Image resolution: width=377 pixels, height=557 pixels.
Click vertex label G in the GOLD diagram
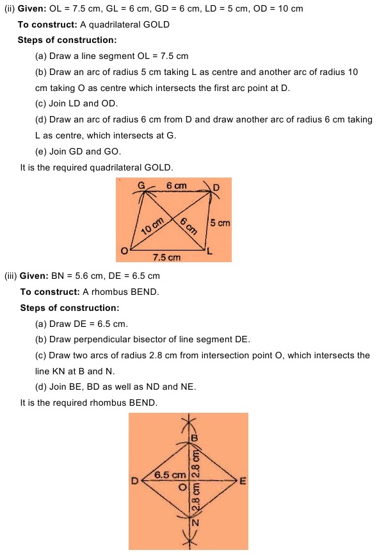(x=141, y=186)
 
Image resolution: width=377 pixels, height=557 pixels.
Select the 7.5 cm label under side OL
(x=166, y=257)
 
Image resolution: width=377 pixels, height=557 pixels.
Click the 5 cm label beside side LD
(x=220, y=223)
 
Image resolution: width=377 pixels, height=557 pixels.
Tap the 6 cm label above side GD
(x=176, y=185)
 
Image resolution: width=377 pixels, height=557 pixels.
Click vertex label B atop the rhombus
(x=195, y=437)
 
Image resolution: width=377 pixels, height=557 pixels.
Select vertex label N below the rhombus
(x=196, y=522)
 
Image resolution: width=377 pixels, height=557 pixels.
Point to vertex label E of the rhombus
(x=242, y=482)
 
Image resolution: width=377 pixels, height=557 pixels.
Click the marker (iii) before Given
(x=11, y=276)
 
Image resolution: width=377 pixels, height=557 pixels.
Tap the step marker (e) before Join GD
(x=41, y=151)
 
